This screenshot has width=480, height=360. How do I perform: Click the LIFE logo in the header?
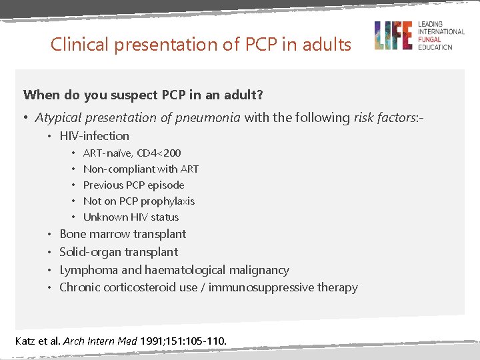point(393,35)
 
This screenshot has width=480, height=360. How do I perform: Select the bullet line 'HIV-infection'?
point(94,136)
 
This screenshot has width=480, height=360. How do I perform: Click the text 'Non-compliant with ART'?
point(141,169)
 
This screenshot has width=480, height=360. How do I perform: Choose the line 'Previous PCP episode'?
point(133,185)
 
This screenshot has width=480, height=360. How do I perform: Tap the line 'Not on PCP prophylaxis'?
point(139,201)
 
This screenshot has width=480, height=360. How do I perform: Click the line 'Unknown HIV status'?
point(131,217)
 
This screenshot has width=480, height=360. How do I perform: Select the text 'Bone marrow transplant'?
point(123,234)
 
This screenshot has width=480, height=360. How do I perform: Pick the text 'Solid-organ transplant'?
point(119,252)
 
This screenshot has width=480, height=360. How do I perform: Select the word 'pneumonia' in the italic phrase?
point(213,118)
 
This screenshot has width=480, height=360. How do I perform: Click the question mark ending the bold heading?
point(260,95)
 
